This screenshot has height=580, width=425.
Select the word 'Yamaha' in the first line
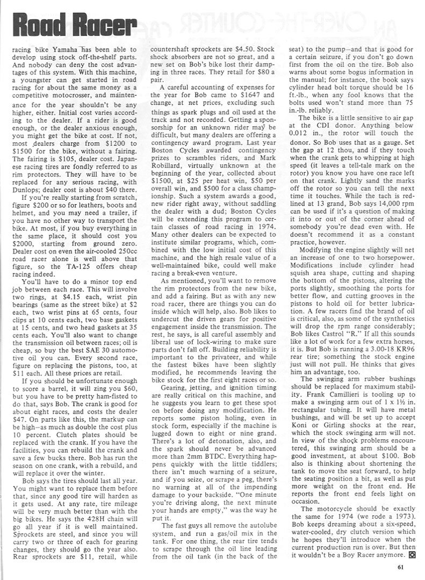(x=70, y=47)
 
